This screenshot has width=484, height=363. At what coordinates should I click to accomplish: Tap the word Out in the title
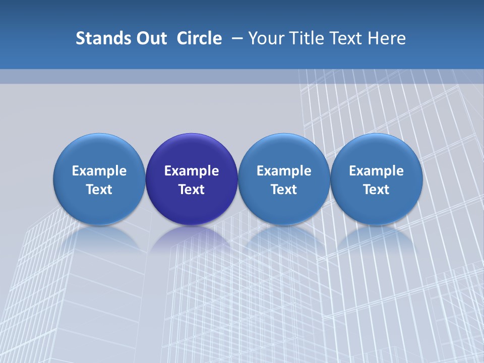(x=150, y=38)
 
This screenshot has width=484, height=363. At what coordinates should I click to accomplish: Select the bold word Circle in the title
(x=199, y=38)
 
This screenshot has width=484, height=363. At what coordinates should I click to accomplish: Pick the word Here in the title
(x=387, y=38)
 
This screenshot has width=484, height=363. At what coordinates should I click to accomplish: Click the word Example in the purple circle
(x=192, y=171)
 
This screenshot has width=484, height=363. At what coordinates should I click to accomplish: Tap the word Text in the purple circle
(x=192, y=190)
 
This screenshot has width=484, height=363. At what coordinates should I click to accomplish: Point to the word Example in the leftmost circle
(x=99, y=171)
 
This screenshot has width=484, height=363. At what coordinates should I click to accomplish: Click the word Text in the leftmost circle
(x=99, y=190)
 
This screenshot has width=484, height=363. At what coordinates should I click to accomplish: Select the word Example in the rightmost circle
(x=377, y=171)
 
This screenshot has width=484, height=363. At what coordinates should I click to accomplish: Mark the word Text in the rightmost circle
(x=377, y=190)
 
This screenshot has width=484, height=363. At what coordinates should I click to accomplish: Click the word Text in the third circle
(x=284, y=190)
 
